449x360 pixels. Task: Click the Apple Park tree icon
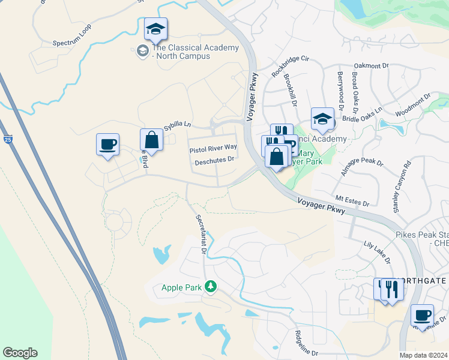tap(211, 287)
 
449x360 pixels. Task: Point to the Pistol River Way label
tap(213, 148)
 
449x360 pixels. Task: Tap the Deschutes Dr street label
tap(214, 160)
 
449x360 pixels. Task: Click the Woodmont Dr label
tap(413, 105)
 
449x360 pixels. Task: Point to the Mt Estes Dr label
tap(352, 200)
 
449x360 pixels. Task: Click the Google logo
tap(20, 353)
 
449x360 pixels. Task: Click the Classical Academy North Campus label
tap(181, 52)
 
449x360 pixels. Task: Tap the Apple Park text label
tap(182, 287)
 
